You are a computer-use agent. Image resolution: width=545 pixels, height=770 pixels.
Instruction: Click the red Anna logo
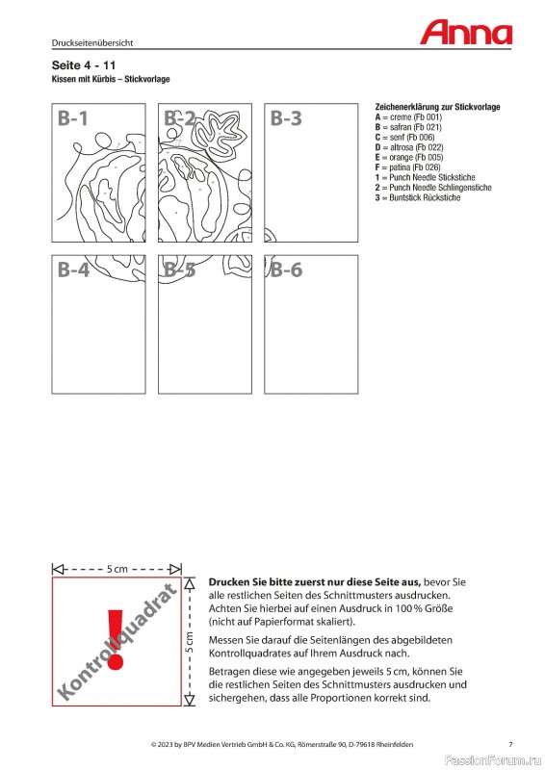(x=466, y=33)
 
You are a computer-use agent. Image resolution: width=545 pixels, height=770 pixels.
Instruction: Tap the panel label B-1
(x=73, y=118)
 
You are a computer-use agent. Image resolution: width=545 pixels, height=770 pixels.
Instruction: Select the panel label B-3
(x=286, y=118)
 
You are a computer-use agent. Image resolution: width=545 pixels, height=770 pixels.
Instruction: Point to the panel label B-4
(x=73, y=269)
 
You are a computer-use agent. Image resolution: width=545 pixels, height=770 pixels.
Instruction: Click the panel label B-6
(x=286, y=269)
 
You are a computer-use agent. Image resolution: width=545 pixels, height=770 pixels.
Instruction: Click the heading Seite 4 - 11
(x=84, y=65)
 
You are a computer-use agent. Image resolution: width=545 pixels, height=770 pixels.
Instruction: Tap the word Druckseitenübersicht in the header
(x=92, y=42)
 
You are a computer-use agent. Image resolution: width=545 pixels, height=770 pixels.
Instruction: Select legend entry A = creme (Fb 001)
(x=408, y=116)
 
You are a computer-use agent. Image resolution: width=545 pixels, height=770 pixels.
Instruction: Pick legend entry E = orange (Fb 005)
(x=409, y=157)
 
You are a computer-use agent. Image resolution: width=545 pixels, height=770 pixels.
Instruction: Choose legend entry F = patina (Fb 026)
(x=408, y=167)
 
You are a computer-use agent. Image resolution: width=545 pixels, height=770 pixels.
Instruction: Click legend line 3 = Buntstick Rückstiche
(x=418, y=197)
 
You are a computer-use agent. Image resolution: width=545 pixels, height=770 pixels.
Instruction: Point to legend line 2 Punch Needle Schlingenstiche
(x=433, y=188)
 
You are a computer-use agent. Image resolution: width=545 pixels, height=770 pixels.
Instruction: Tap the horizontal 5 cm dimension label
(x=117, y=569)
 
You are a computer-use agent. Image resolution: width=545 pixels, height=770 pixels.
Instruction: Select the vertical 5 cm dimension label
(x=190, y=642)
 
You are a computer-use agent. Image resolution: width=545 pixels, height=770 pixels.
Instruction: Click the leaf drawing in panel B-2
(x=221, y=135)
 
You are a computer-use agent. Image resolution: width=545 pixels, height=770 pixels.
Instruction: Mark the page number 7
(x=510, y=744)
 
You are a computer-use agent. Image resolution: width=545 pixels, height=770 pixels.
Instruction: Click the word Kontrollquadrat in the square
(x=117, y=641)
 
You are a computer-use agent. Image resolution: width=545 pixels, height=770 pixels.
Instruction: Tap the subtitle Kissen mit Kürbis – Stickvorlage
(x=111, y=79)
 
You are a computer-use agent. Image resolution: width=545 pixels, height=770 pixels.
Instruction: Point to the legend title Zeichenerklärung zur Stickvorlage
(x=437, y=107)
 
